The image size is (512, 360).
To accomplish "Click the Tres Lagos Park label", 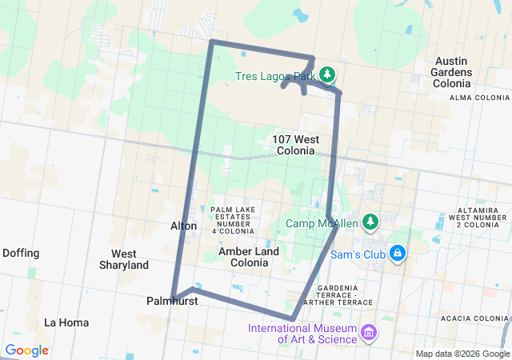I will coord(276,77).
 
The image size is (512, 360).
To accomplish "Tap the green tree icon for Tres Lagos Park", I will coord(327,75).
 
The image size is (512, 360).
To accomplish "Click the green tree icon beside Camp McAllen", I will coord(370,222).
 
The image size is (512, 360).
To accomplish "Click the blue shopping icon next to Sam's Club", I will coord(397,254).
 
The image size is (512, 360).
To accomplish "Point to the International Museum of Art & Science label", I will coord(302,334).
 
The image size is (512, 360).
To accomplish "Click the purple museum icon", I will coord(368,331).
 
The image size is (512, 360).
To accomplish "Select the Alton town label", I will coord(183,226).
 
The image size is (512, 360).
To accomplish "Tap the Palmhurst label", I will coord(166,302).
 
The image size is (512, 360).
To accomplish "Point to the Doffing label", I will coord(21,253).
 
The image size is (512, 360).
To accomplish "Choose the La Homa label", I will coord(62,322).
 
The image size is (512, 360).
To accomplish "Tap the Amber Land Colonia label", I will coord(249,257).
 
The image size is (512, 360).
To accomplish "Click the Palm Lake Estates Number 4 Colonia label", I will coord(233,220).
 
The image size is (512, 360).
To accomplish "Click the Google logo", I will coord(27,350).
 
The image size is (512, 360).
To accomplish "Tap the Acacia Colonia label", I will coord(480,318).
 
